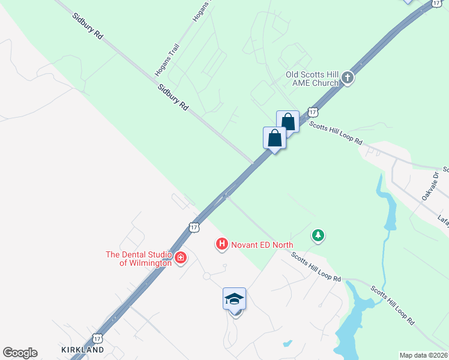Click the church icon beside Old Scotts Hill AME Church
click(348, 78)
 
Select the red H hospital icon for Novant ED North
click(221, 244)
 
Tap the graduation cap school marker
click(234, 299)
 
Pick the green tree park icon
click(318, 235)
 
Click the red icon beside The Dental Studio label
click(179, 259)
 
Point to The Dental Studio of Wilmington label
click(139, 259)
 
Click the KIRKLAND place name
click(83, 349)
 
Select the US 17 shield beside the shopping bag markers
click(312, 112)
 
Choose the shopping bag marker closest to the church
click(288, 122)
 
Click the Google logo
click(20, 353)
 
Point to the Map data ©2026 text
click(424, 355)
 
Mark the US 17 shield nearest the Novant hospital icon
click(193, 226)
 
